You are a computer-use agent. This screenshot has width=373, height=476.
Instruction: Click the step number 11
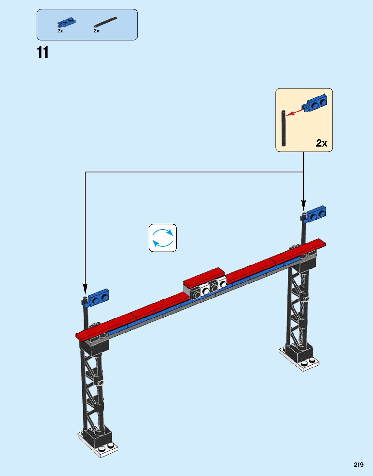(42, 53)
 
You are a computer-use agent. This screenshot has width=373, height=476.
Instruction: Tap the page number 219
(358, 465)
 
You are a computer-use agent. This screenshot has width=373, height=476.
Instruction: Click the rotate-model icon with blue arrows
(163, 238)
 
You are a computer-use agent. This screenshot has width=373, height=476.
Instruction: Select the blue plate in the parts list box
(67, 22)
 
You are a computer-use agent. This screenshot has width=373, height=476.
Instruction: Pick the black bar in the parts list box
(105, 22)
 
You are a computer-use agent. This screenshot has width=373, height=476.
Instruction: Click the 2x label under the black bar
(96, 31)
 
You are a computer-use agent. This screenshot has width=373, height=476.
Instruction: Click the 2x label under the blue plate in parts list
(60, 31)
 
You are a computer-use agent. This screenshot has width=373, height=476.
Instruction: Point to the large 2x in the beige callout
(321, 143)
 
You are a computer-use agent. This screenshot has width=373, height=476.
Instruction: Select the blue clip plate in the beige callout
(315, 103)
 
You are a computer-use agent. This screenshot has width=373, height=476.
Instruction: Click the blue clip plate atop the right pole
(315, 214)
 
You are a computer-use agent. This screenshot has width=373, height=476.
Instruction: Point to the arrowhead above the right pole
(303, 205)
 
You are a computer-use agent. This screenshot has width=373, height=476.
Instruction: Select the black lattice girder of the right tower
(297, 308)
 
